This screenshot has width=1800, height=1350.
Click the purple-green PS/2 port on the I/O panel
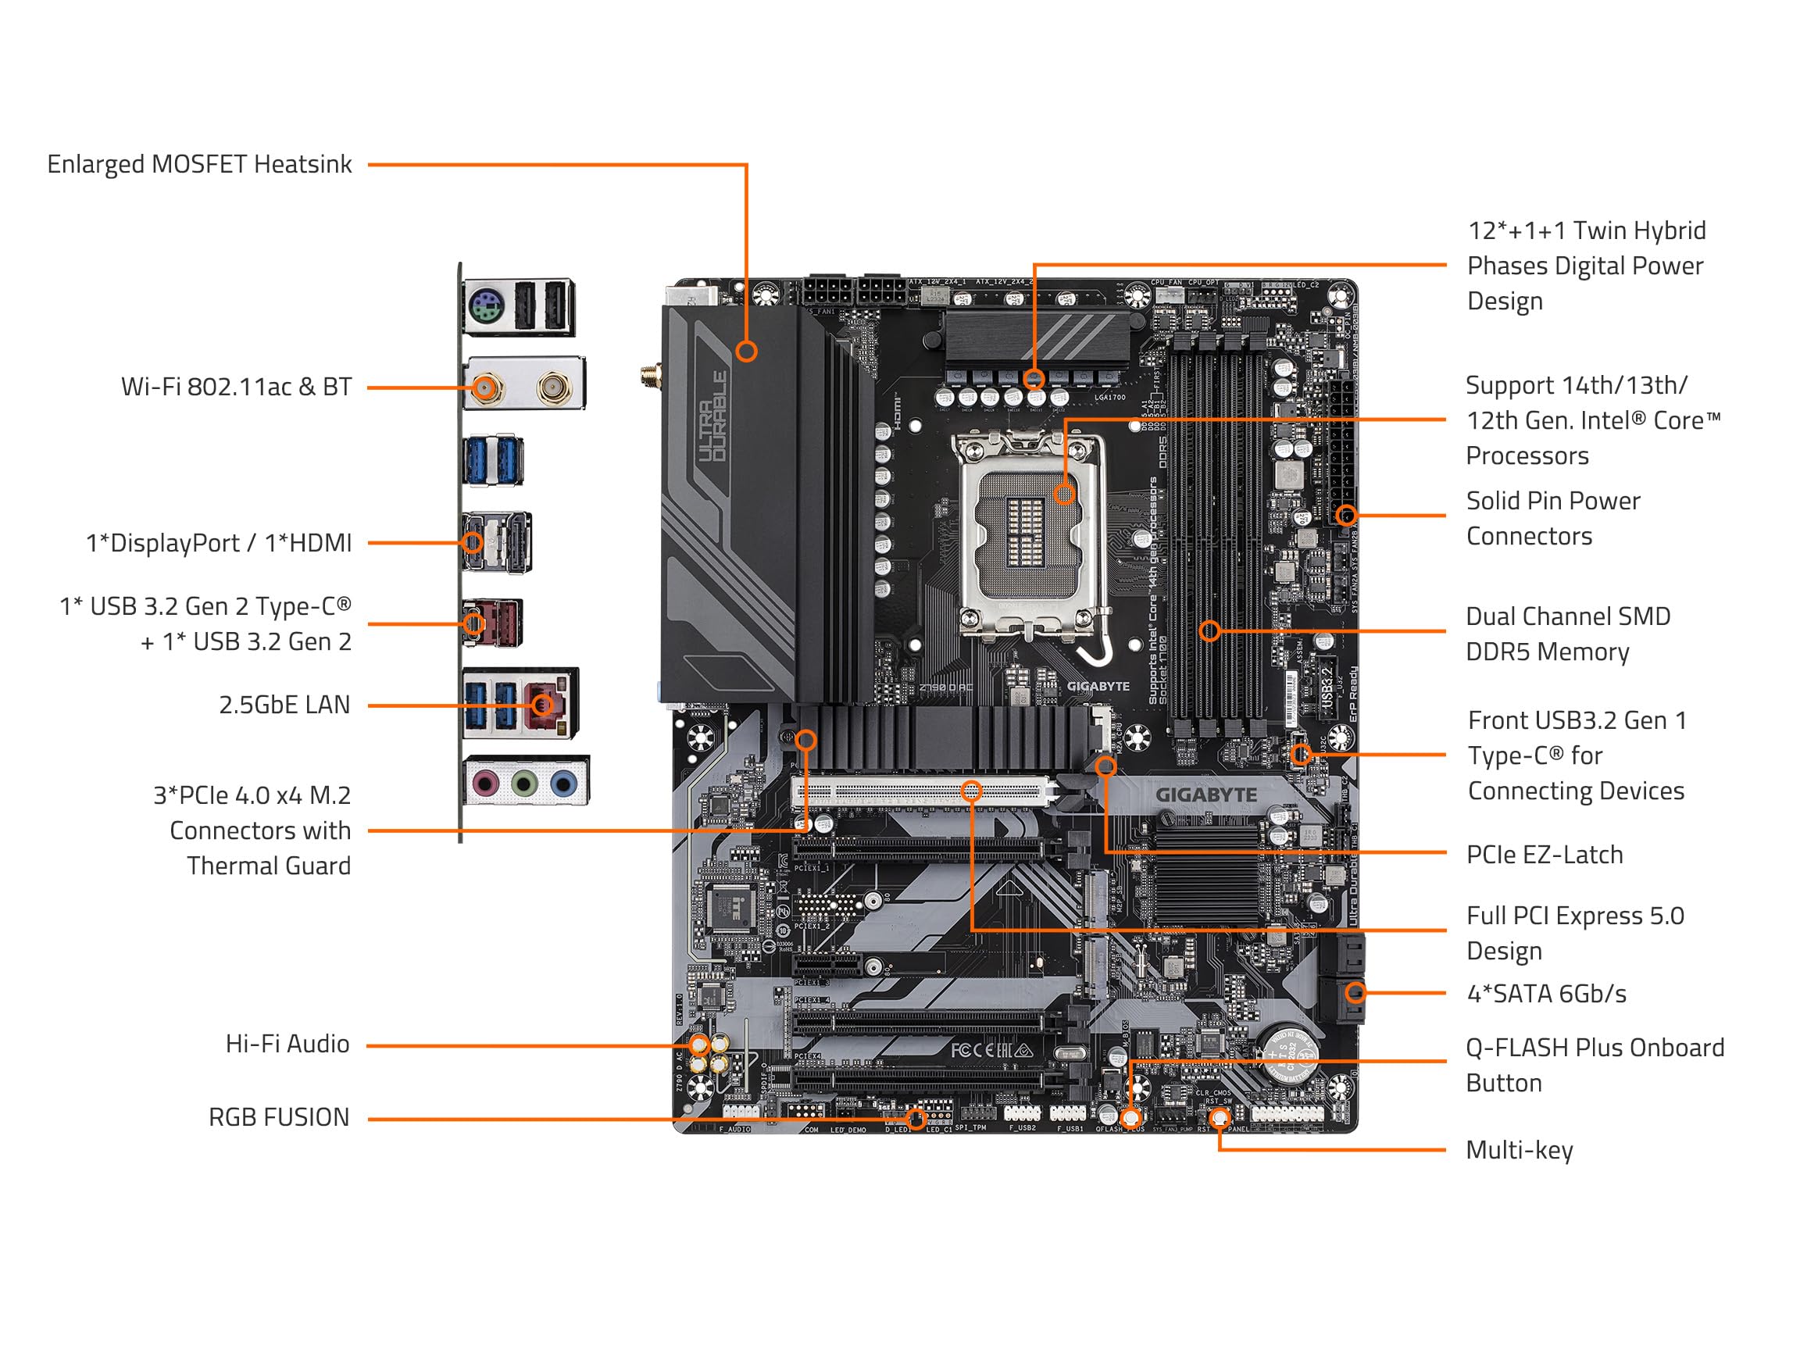(x=487, y=309)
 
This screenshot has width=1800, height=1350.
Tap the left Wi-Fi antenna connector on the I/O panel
(x=486, y=388)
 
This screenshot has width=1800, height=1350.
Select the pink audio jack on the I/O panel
(x=486, y=784)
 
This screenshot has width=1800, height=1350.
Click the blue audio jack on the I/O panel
(x=563, y=784)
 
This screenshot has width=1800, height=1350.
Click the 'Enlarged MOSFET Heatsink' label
(x=199, y=164)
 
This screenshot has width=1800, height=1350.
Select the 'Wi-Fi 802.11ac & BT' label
(x=236, y=387)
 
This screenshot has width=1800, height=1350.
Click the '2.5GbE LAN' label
(x=284, y=705)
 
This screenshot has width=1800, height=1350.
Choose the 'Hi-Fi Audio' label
(x=287, y=1044)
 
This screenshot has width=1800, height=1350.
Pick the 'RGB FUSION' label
(x=278, y=1117)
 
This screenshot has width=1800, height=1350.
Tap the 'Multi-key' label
(x=1519, y=1151)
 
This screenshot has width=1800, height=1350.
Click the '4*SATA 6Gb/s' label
(x=1545, y=994)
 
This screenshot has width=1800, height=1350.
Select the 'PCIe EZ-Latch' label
(x=1544, y=855)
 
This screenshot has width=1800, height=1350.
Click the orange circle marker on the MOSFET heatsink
(x=746, y=352)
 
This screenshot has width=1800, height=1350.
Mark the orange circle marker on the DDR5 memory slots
(x=1209, y=630)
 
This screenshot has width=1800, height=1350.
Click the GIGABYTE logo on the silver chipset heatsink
(x=1206, y=795)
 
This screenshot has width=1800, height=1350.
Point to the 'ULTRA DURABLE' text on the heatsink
(x=712, y=416)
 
